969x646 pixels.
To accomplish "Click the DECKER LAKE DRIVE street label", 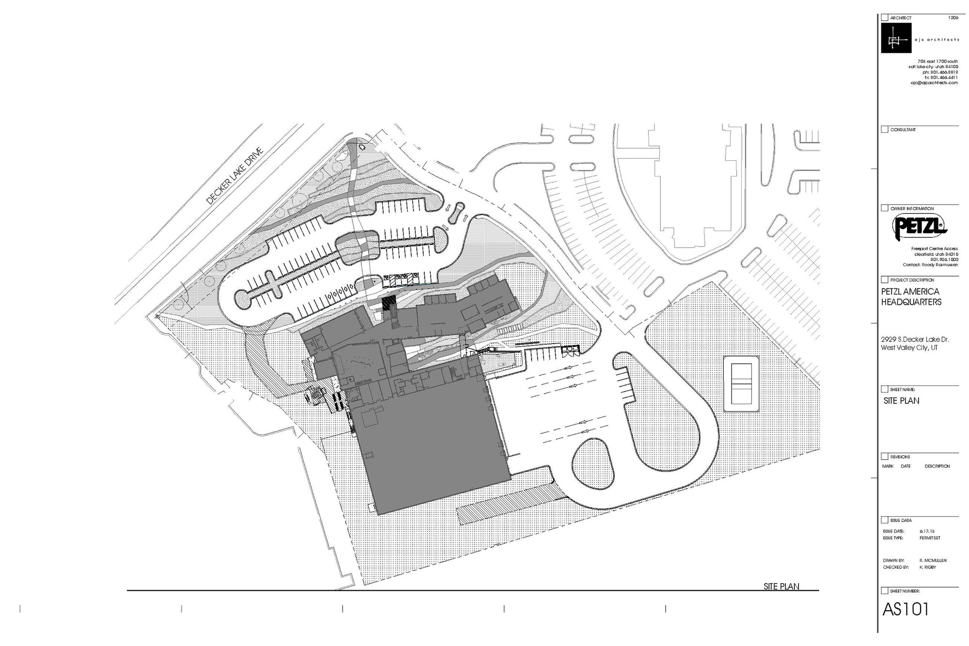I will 234,176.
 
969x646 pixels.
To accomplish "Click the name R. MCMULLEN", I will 933,560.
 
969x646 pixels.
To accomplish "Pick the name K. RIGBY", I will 927,567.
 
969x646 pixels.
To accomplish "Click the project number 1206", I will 953,17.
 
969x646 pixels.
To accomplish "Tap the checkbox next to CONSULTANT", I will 885,129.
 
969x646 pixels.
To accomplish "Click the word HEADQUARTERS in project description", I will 911,302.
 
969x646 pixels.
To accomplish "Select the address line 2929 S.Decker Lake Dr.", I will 915,339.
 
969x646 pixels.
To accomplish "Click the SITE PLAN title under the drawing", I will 781,586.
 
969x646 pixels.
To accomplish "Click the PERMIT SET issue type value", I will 929,538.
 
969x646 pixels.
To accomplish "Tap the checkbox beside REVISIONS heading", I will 885,457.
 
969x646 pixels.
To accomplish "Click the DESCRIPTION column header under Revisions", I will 937,466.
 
